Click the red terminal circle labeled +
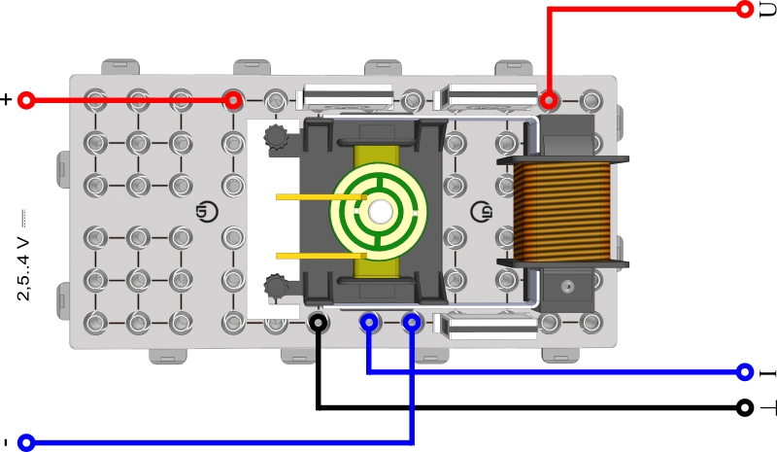coord(26,100)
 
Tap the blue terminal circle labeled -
coord(26,443)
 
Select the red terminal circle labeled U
coord(745,9)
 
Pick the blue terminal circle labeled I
coord(745,371)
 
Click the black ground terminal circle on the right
coord(745,408)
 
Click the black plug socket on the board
coord(318,322)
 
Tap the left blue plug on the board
coord(369,322)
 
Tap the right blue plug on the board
coord(412,322)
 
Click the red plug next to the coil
coord(549,100)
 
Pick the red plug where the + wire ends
coord(233,100)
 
